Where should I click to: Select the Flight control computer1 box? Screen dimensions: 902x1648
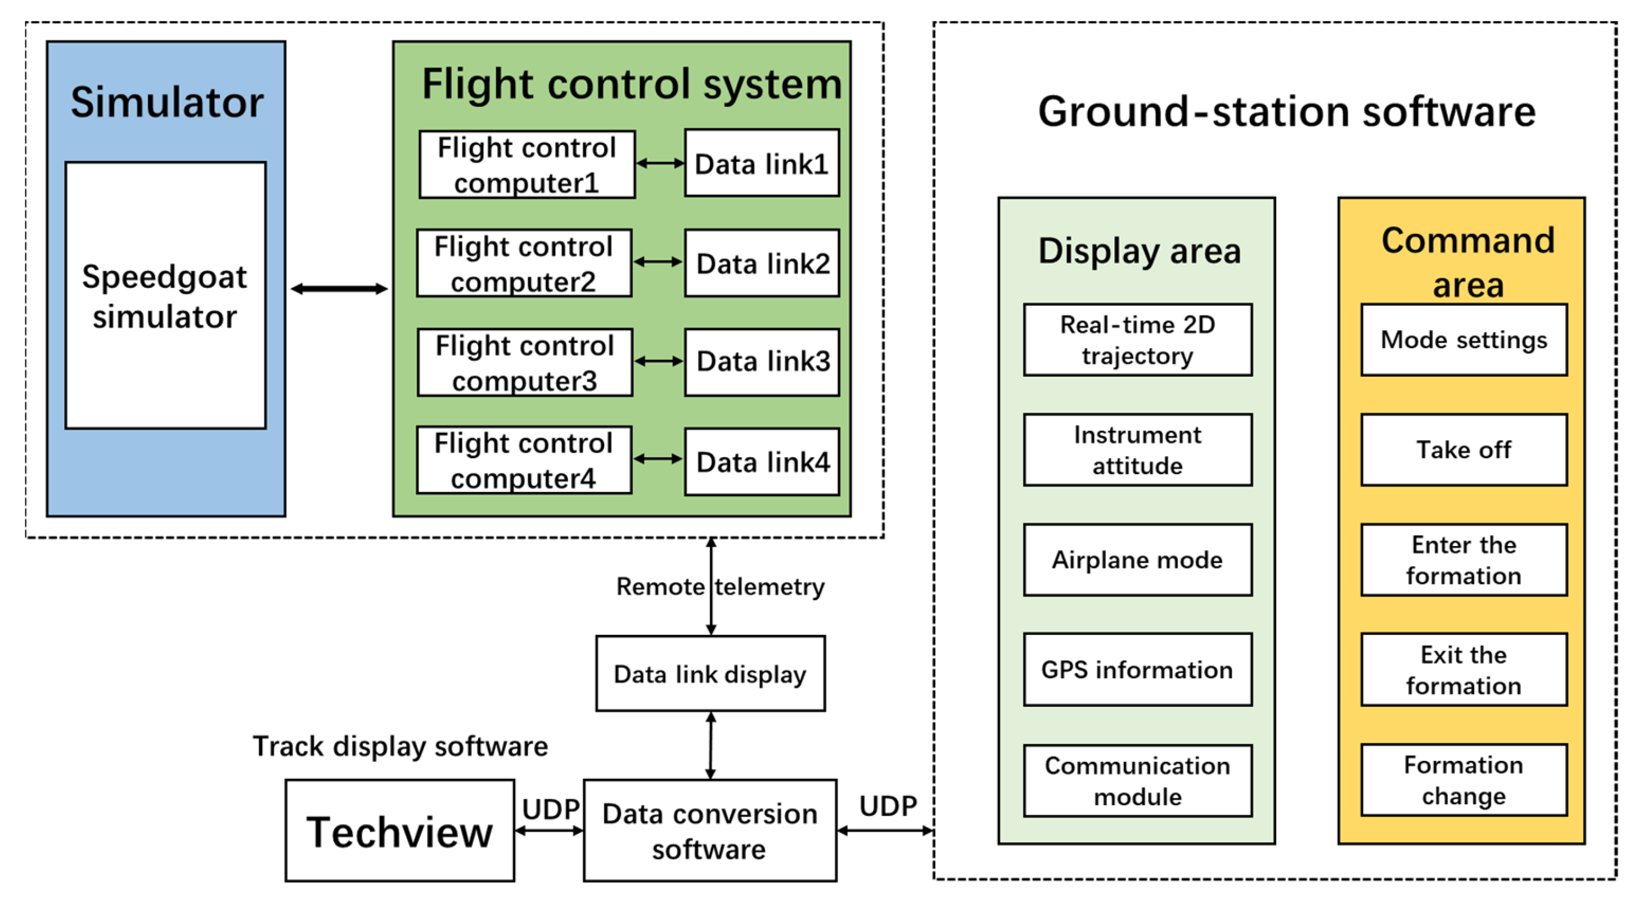526,164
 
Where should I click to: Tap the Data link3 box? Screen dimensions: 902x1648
762,362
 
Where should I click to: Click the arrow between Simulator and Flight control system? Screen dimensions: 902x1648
339,289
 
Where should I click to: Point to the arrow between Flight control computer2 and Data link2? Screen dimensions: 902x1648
658,262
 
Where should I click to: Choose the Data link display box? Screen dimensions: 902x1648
710,674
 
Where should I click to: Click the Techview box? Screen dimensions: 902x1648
400,831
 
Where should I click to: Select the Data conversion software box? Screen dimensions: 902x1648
710,831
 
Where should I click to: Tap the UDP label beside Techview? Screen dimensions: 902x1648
550,810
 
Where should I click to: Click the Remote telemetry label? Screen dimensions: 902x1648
720,587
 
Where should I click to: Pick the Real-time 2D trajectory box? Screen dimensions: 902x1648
1137,340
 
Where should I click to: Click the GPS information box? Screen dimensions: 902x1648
1137,670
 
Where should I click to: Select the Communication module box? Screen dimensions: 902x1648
1137,781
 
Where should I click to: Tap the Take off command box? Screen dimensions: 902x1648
1464,450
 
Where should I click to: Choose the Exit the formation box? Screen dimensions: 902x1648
1464,670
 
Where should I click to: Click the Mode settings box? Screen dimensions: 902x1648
1464,340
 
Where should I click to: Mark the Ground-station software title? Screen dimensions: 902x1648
1286,112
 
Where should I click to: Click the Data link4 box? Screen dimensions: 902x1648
762,462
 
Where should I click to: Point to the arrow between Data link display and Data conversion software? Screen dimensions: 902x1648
711,745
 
